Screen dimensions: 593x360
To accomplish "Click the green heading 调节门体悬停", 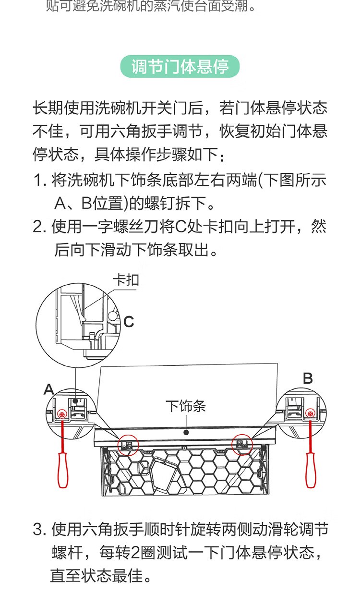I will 180,67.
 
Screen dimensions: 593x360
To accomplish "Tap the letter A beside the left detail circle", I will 48,389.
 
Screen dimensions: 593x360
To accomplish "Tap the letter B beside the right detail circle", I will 308,378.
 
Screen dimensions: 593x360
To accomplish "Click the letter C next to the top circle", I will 129,321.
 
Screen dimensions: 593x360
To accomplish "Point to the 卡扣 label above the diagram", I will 126,279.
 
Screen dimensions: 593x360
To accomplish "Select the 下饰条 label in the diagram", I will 186,406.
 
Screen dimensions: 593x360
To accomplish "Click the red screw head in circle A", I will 61,413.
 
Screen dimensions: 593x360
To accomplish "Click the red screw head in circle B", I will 311,412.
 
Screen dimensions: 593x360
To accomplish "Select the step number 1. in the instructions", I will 40,181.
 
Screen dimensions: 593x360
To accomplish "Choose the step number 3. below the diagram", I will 40,530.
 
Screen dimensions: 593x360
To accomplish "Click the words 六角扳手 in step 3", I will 103,530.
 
